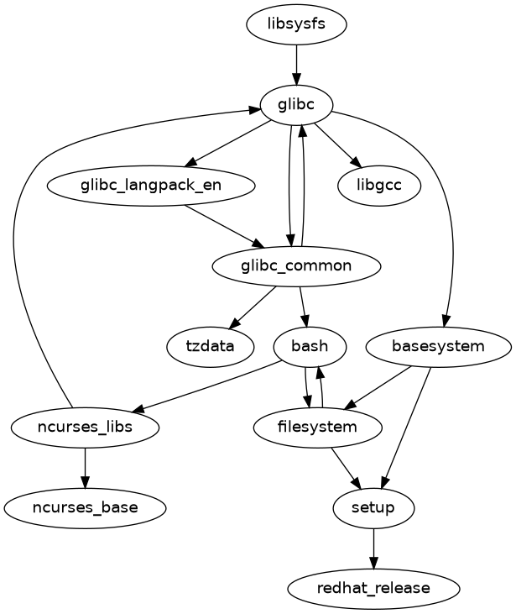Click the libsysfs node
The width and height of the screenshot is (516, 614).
296,25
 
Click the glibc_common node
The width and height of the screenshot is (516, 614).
297,266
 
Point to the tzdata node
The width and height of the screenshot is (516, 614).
211,345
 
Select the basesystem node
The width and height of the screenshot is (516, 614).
438,345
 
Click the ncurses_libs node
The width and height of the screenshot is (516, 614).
86,427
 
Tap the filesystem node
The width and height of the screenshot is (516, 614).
318,427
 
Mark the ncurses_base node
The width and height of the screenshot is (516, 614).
86,507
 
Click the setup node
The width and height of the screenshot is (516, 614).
373,507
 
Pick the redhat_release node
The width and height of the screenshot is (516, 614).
373,588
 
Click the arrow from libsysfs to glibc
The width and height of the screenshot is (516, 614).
296,65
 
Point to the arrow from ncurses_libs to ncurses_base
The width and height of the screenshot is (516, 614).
86,467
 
